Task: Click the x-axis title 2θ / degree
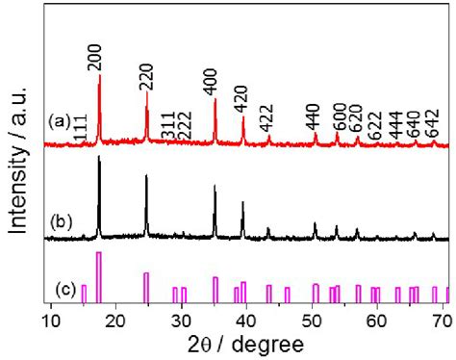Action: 246,344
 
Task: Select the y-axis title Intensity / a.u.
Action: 17,159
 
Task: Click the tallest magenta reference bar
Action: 99,277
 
